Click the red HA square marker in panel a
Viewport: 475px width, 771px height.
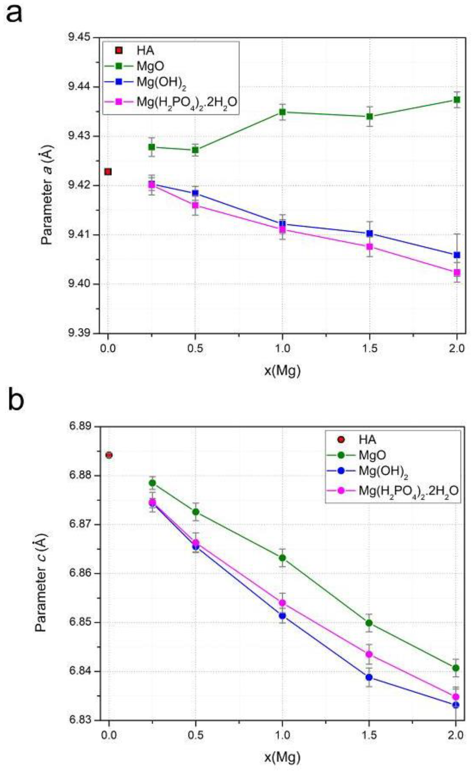coord(108,172)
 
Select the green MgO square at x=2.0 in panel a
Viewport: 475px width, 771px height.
coord(457,100)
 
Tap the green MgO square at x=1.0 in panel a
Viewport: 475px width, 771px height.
coord(282,112)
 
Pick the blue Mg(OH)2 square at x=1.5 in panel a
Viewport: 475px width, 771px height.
coord(370,233)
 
